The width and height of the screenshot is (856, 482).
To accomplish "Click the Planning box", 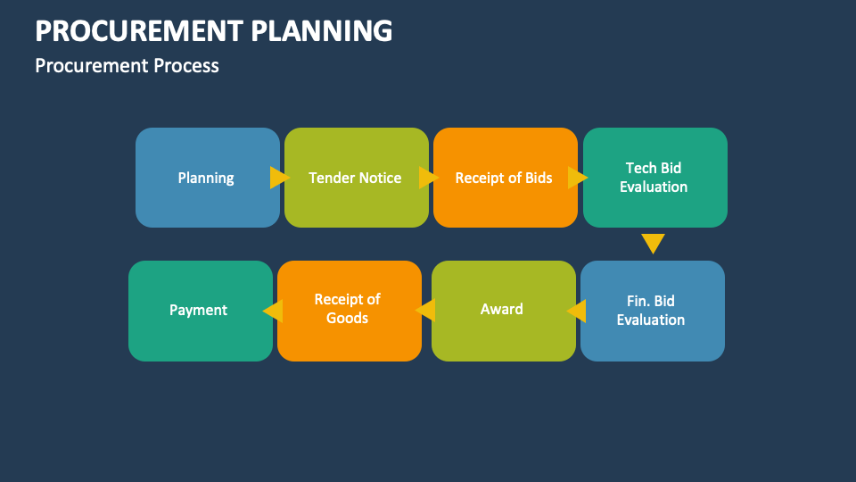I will click(207, 178).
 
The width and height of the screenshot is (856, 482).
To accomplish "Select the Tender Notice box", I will click(356, 178).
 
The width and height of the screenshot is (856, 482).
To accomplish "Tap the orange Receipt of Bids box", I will click(505, 178).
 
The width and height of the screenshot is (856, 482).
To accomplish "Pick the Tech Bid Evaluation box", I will click(654, 178).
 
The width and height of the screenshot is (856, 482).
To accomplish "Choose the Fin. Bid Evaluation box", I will click(652, 311).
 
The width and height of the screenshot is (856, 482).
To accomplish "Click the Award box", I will click(503, 311).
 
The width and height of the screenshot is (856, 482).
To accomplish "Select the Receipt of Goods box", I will click(349, 311).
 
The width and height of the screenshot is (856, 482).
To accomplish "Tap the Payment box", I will click(200, 311).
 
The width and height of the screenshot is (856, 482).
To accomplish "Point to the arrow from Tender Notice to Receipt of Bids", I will click(429, 178).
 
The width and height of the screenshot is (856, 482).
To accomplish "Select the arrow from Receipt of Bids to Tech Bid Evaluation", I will click(578, 178).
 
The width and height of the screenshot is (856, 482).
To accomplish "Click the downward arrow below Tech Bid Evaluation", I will click(654, 243).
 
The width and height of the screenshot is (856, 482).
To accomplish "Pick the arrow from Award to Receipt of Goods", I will click(425, 311).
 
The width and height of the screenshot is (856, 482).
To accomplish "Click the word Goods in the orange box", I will click(348, 319).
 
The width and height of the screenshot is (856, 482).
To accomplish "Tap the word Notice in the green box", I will click(381, 178).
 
